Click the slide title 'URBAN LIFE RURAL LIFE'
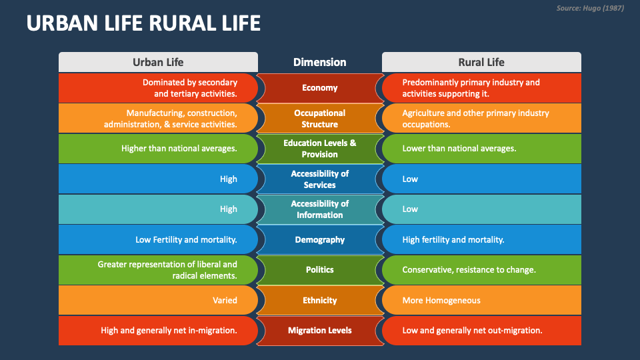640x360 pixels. (143, 24)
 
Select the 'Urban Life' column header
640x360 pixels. (158, 62)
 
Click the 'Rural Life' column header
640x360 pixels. (481, 62)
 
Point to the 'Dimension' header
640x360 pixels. (319, 62)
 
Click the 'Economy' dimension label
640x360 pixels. (319, 88)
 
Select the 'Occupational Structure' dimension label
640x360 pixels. (319, 119)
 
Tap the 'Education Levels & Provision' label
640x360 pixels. (319, 149)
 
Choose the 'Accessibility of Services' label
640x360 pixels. (319, 179)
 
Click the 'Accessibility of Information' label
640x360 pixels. (319, 209)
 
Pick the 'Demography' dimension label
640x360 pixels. (319, 239)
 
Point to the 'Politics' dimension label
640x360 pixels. (319, 270)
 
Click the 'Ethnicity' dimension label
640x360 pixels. (319, 300)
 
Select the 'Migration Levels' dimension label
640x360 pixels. (319, 330)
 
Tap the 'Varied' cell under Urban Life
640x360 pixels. (225, 300)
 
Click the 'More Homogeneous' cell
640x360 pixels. (441, 300)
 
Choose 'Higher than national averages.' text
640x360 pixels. (179, 149)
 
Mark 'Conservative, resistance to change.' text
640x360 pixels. (469, 270)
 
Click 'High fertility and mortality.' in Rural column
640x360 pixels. (453, 239)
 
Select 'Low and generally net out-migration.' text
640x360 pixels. (472, 330)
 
